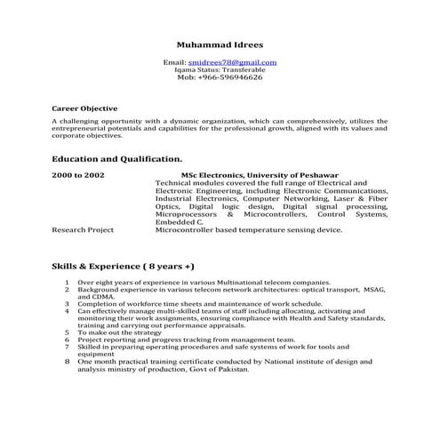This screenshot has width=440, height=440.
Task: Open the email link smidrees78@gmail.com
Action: click(233, 62)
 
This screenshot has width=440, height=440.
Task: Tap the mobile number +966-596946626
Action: click(220, 77)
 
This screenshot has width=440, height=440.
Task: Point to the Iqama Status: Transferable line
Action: click(220, 69)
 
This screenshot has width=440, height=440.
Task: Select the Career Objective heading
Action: click(84, 108)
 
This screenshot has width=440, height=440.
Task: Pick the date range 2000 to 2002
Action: click(78, 175)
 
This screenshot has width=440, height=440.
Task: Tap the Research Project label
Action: click(83, 229)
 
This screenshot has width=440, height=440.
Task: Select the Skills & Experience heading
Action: click(123, 266)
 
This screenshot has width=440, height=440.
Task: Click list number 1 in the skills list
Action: click(68, 281)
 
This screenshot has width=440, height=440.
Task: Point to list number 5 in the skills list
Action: click(68, 332)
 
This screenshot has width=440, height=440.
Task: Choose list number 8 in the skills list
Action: click(68, 361)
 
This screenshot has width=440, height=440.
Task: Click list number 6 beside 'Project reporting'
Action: click(68, 339)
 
